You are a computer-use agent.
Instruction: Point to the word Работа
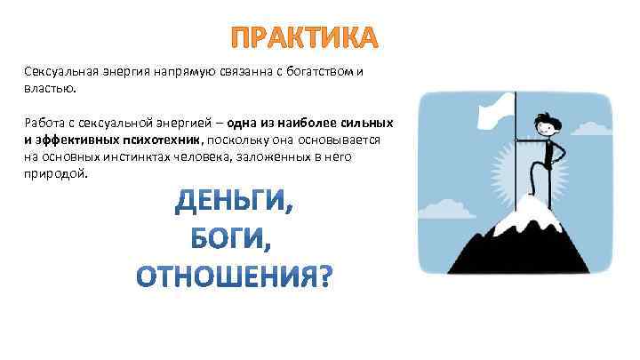pos(44,124)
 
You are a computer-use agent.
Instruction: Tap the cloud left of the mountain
pos(450,209)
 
